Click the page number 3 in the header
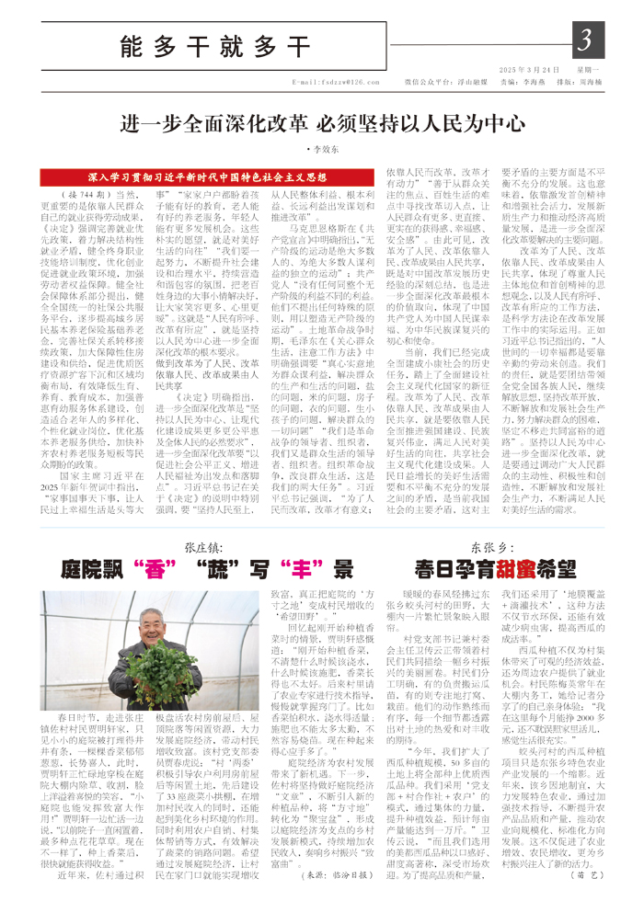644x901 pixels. pyautogui.click(x=585, y=40)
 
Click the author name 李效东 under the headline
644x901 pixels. pyautogui.click(x=323, y=146)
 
